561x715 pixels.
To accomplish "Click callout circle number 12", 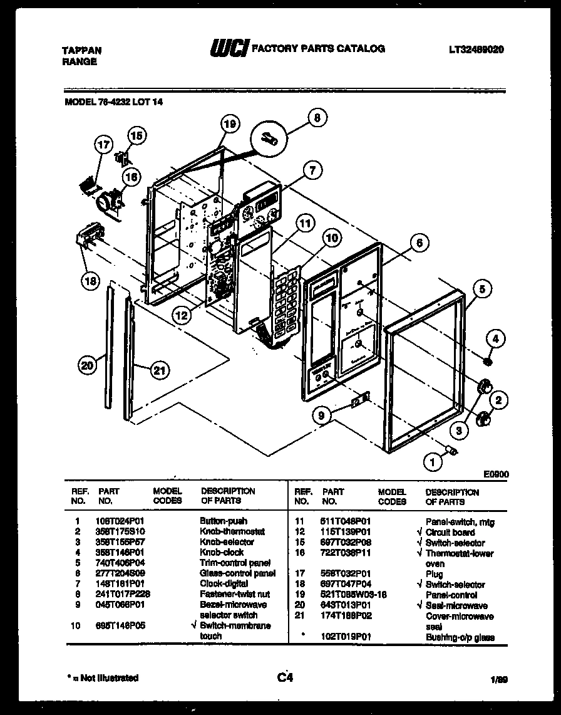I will tap(181, 316).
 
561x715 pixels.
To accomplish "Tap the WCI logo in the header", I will tap(229, 50).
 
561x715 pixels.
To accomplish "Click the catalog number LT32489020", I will tap(476, 50).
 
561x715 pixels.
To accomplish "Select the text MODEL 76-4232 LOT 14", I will tap(114, 103).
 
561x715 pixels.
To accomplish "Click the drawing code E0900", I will tap(496, 475).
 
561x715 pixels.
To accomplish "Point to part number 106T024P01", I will tap(121, 521).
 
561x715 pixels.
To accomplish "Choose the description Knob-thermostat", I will tap(232, 531).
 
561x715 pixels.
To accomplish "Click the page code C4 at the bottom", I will tap(284, 677).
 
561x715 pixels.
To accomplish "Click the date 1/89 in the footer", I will tap(498, 679).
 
